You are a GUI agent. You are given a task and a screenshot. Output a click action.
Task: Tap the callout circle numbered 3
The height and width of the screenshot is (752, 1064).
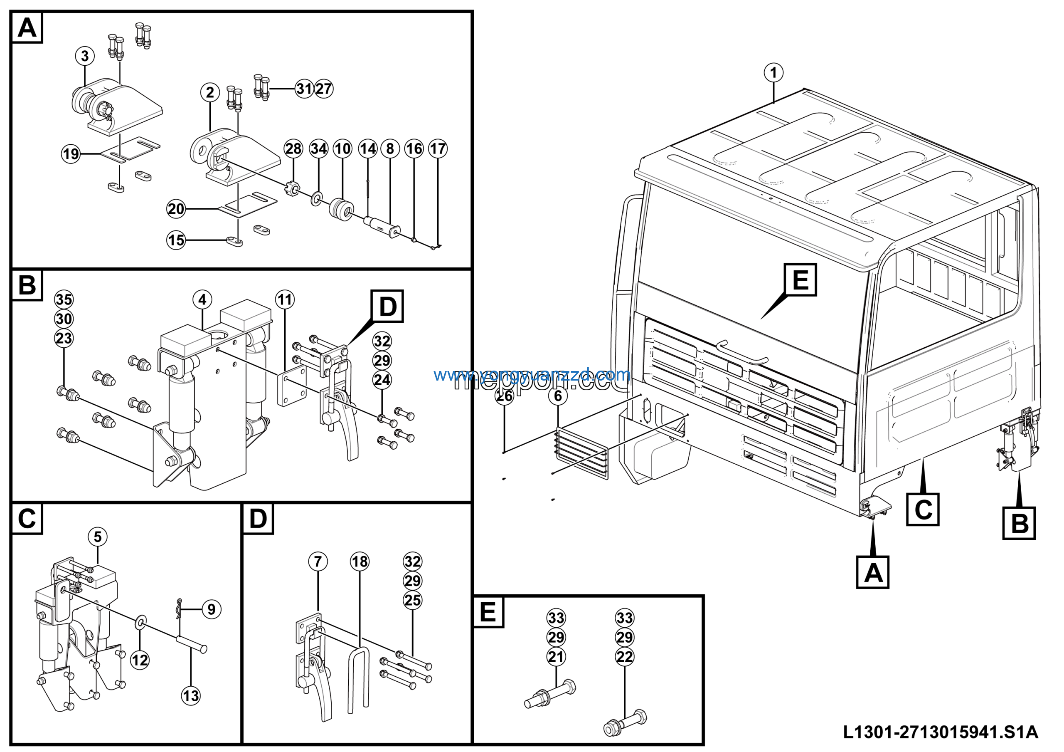[85, 56]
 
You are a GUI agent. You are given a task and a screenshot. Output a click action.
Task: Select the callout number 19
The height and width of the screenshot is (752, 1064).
[71, 154]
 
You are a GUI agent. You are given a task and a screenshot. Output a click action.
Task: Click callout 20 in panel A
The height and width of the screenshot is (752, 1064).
[176, 209]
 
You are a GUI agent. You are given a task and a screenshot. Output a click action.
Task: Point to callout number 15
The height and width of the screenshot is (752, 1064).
[176, 240]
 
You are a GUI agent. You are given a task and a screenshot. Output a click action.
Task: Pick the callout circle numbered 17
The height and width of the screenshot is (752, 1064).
[438, 149]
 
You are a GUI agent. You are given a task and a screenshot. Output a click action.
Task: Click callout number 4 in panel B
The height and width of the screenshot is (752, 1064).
[202, 299]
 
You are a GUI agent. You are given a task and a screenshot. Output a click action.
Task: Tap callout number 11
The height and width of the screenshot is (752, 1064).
[285, 299]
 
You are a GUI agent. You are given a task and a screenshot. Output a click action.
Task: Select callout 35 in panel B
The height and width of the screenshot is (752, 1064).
[64, 299]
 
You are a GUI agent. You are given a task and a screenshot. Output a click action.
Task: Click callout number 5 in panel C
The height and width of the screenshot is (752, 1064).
[97, 537]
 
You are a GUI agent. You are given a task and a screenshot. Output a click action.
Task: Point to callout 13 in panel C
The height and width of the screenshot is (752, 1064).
[191, 696]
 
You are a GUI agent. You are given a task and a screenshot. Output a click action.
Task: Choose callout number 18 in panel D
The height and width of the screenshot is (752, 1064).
[360, 562]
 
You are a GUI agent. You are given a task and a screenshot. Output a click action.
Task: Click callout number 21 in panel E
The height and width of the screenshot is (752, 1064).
[556, 656]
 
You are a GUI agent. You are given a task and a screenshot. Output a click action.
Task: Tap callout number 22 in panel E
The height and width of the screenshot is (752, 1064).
[625, 656]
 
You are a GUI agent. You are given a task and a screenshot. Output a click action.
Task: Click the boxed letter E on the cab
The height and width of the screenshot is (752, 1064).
[800, 280]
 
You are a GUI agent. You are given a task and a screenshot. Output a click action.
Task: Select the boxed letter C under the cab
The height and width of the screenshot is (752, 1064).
[923, 510]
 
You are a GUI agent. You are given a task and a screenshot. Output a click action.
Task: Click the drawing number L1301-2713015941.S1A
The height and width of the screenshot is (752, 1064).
[940, 732]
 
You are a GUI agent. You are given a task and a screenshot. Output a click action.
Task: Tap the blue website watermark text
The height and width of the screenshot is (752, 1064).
[532, 375]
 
